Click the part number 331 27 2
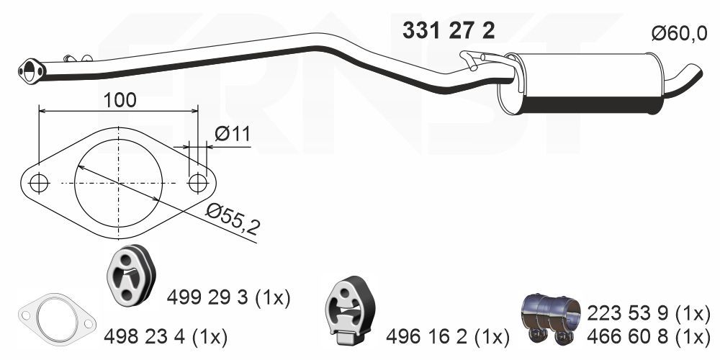448,31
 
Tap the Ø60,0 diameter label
679,34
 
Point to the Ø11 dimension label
231,133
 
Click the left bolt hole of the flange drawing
40,184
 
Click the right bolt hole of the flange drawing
198,184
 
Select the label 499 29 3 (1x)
229,297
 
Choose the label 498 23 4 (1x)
166,336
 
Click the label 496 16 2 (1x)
447,336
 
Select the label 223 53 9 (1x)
649,313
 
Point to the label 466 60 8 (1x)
649,336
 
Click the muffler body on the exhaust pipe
583,85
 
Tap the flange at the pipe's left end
31,71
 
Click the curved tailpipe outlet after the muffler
684,76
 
